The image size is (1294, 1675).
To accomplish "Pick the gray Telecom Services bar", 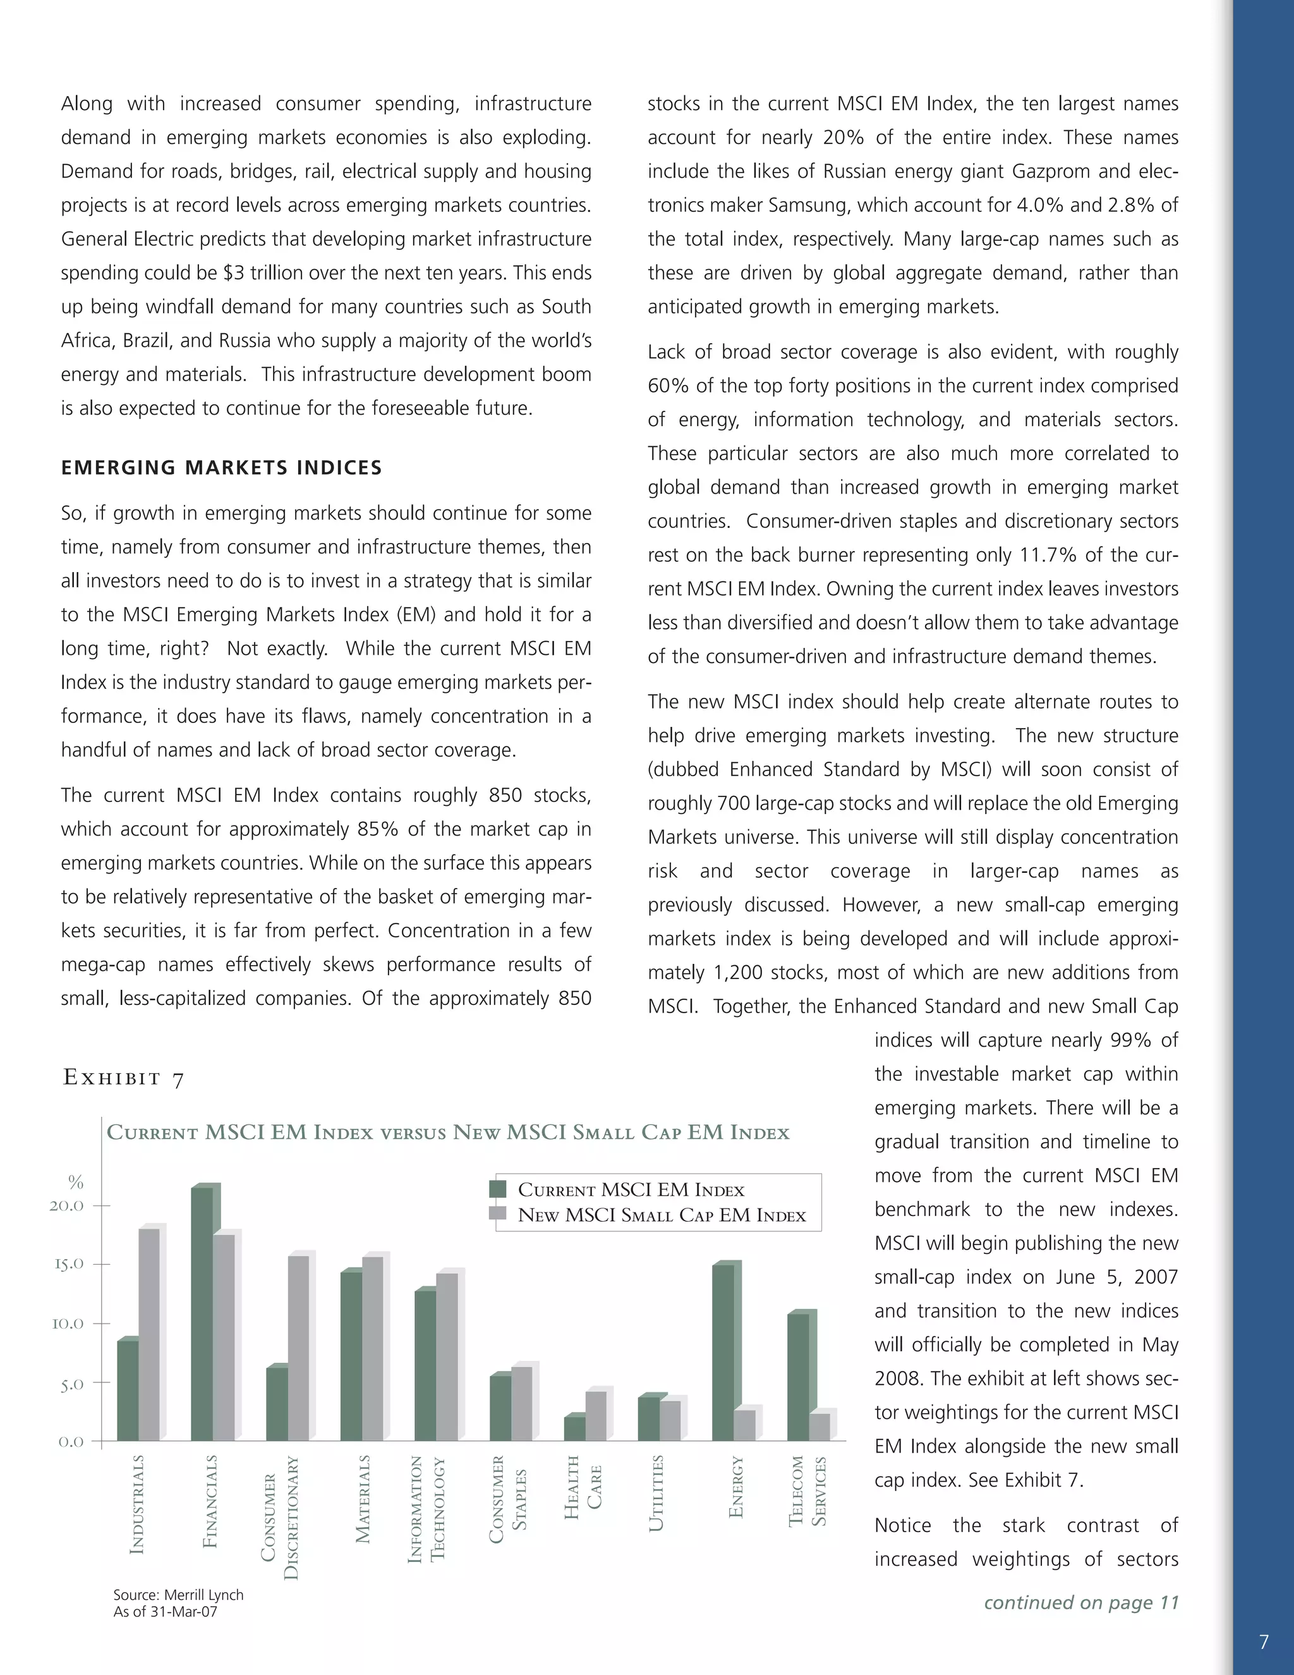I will click(x=819, y=1427).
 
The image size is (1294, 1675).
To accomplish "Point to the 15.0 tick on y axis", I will click(x=68, y=1264).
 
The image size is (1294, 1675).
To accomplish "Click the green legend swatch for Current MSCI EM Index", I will click(x=497, y=1190).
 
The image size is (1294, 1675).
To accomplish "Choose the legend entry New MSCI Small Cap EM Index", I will click(x=662, y=1215).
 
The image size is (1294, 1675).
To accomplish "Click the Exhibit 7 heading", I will click(x=123, y=1078).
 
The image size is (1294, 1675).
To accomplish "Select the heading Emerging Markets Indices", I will click(x=222, y=468).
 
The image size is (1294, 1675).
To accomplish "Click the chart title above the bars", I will click(x=448, y=1133).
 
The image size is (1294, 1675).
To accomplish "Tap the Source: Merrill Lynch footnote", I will click(x=178, y=1595).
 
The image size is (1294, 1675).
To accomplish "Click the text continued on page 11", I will click(x=1081, y=1602).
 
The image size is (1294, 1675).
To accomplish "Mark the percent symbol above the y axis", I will click(x=75, y=1182).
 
